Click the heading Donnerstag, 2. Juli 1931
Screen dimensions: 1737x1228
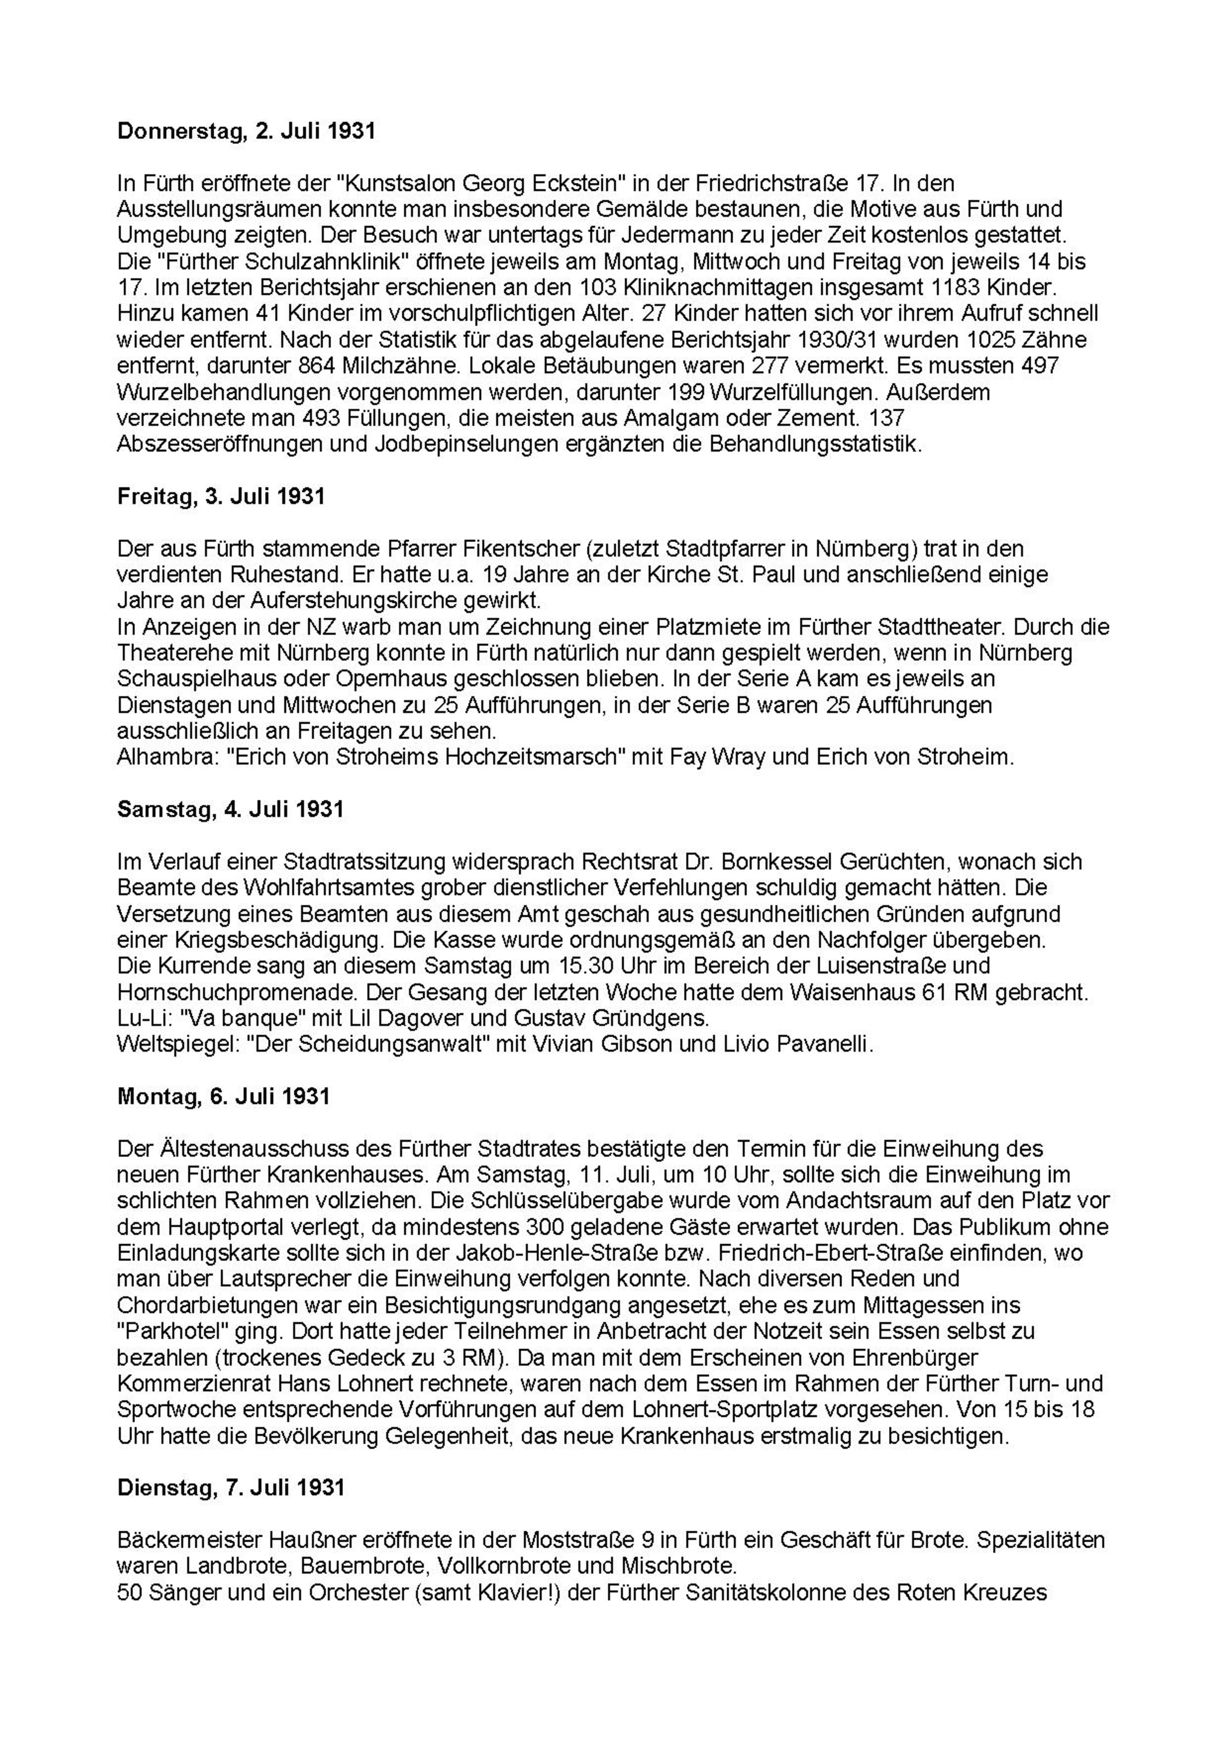click(x=246, y=132)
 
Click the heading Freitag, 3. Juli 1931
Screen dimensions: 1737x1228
click(x=221, y=496)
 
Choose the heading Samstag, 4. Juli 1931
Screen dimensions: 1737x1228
click(x=230, y=809)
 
